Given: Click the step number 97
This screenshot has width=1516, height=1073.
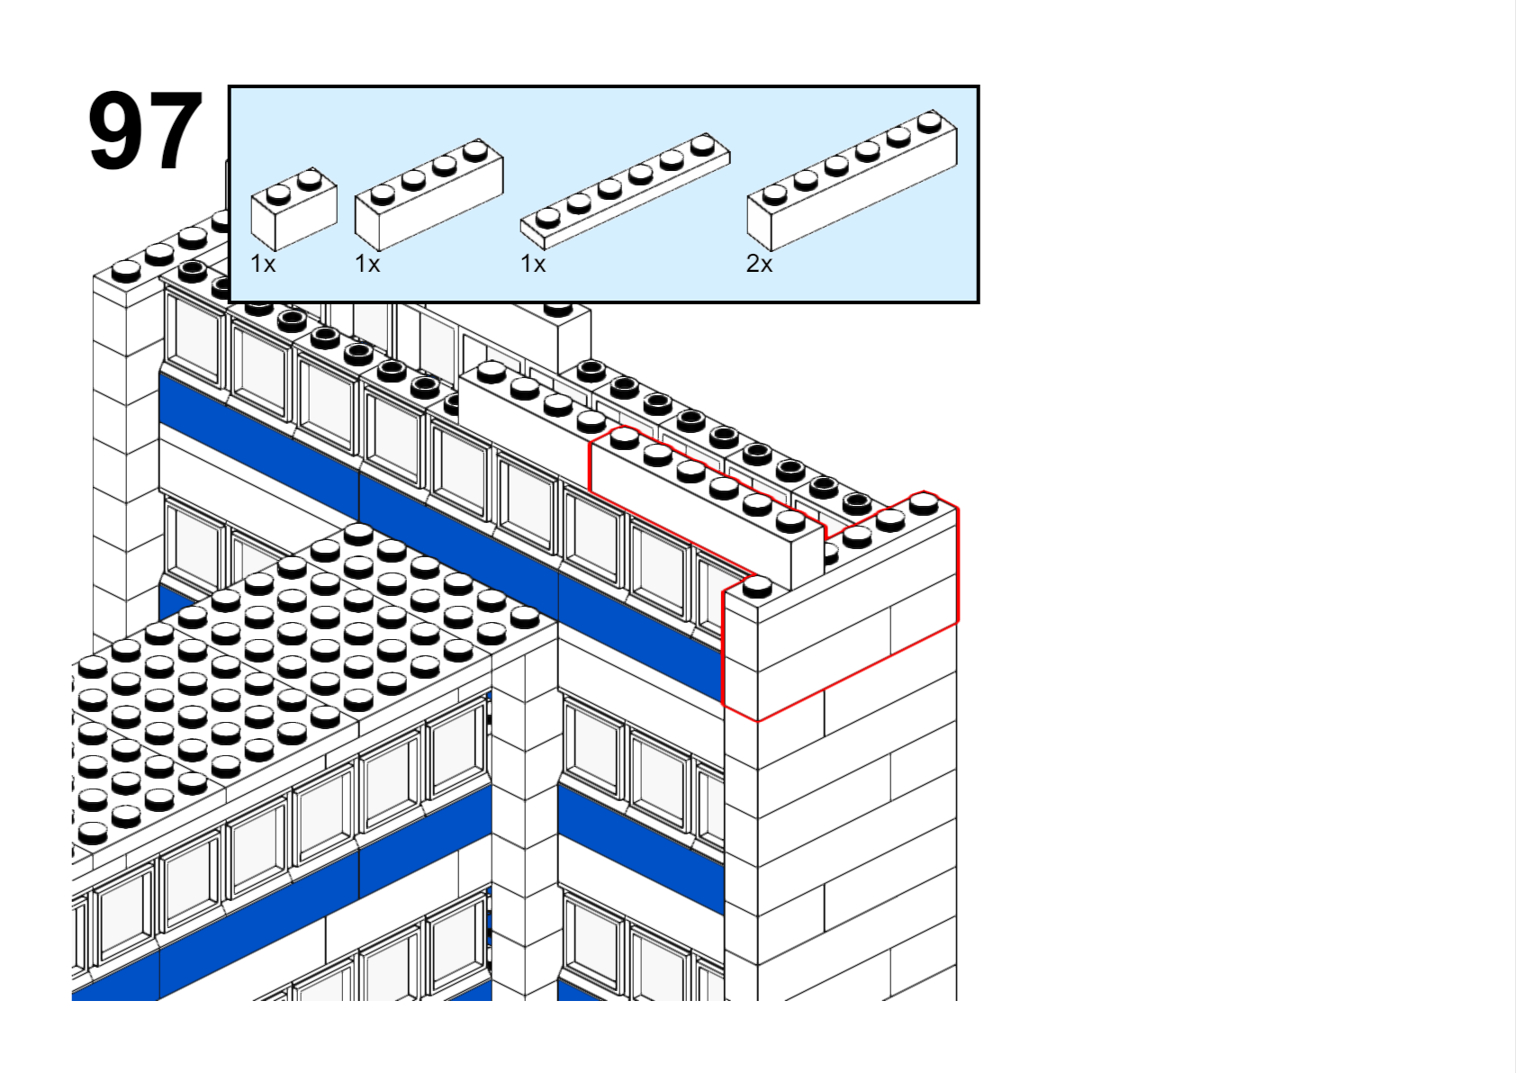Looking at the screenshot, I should tap(144, 131).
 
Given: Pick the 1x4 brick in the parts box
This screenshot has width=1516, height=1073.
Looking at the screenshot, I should tap(429, 198).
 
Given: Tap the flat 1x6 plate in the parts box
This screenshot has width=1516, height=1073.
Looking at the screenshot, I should tap(625, 193).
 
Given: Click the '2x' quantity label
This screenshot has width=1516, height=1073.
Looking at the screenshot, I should tap(759, 264).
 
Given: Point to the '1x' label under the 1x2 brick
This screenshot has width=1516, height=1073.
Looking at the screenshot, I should tap(263, 264).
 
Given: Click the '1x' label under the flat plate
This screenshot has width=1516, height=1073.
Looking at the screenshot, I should tap(533, 264).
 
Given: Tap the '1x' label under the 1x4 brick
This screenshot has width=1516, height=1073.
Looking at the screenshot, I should tap(367, 264).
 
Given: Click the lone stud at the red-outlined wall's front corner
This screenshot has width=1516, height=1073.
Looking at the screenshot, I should tap(757, 587).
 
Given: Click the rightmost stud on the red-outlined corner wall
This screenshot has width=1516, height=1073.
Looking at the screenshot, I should tap(924, 502).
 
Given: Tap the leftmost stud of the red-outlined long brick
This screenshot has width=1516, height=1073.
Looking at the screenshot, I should tap(624, 437).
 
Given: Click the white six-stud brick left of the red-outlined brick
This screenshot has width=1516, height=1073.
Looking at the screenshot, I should tap(522, 405).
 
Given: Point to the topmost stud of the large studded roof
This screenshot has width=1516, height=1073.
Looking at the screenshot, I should tap(358, 533).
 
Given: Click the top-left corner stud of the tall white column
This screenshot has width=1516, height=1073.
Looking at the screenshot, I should tap(126, 269).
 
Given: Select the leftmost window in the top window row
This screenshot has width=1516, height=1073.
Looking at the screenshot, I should tap(194, 337).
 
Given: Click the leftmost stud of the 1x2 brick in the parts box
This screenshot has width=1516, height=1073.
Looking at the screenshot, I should tap(278, 193).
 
